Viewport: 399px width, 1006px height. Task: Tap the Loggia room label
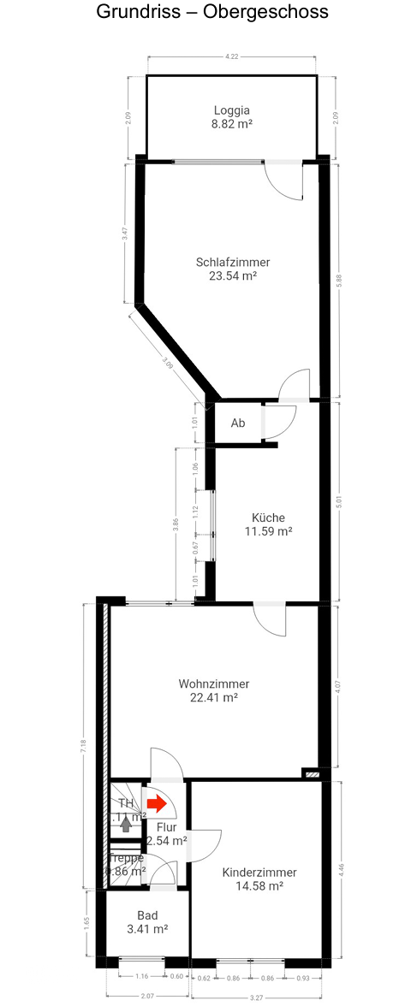tap(232, 110)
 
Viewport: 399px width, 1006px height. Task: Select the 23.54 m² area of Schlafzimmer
tap(233, 276)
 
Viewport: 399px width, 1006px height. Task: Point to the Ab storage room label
tap(238, 423)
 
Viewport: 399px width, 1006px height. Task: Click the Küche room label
tap(268, 518)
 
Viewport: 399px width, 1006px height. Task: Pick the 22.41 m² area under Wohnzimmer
tap(213, 697)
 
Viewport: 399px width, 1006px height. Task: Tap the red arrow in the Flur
tap(156, 804)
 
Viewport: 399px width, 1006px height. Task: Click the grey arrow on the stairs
tap(127, 824)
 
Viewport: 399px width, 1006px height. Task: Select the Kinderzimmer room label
tap(259, 873)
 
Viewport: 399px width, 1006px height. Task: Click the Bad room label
tap(147, 915)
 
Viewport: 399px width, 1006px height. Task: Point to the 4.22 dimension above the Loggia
tap(231, 57)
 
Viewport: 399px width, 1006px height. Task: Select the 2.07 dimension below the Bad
tap(147, 996)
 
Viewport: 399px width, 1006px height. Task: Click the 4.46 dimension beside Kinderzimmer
tap(342, 867)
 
